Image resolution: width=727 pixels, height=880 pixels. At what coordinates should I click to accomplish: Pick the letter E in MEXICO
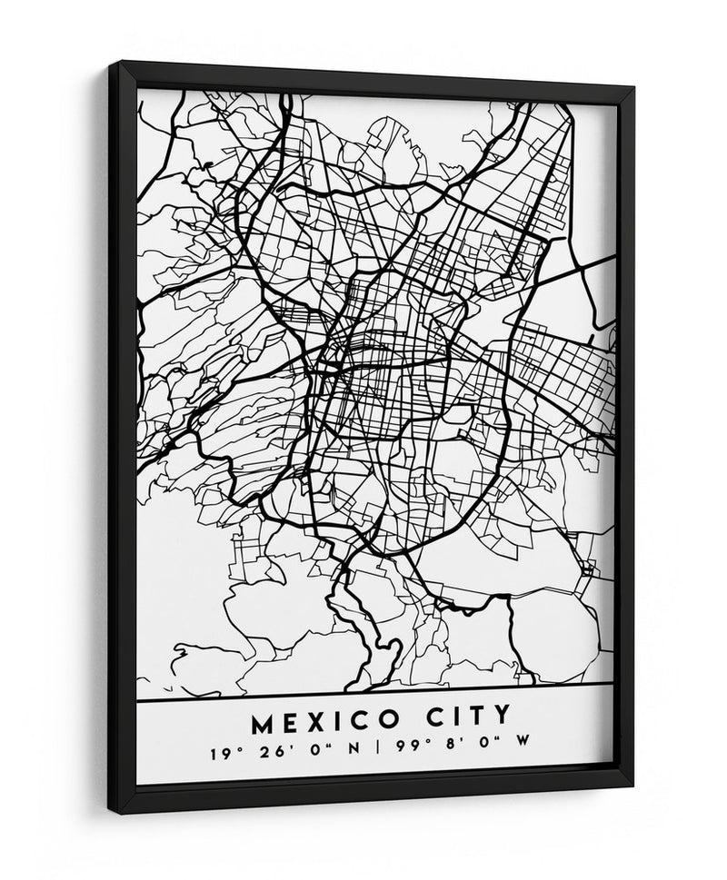[x=288, y=723]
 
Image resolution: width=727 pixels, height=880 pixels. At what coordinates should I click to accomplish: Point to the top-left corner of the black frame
[x=110, y=64]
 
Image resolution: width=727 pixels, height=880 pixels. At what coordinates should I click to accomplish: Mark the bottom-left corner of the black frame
[x=110, y=811]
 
